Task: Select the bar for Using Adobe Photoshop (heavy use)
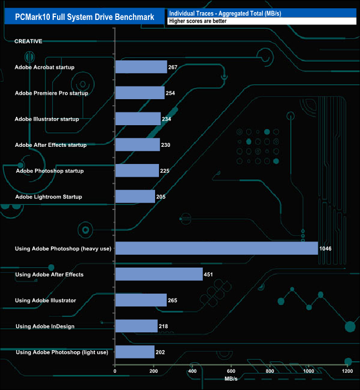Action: [x=216, y=248]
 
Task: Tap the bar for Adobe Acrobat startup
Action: [x=141, y=67]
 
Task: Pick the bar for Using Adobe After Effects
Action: [x=158, y=274]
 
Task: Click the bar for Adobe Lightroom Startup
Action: [x=135, y=197]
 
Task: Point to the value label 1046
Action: [x=325, y=249]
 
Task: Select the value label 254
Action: [x=170, y=93]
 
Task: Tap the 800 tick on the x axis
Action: [x=270, y=371]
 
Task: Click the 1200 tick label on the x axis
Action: [x=347, y=371]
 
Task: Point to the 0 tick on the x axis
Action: [x=115, y=371]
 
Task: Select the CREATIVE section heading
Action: [x=28, y=42]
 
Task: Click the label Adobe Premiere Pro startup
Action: [x=52, y=93]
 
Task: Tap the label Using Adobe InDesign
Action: [x=45, y=326]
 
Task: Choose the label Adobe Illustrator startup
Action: [x=47, y=119]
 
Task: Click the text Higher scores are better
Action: [x=198, y=21]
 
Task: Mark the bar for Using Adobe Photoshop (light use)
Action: [x=135, y=352]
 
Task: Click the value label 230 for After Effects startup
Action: [x=165, y=145]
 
